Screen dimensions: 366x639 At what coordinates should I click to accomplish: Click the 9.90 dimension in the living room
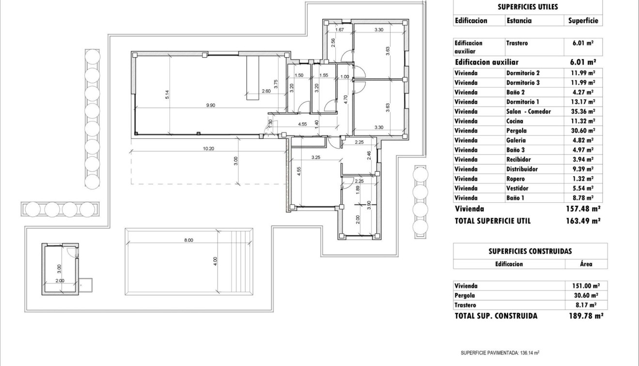click(x=211, y=105)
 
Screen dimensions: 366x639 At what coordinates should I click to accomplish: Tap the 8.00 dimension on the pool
click(x=188, y=240)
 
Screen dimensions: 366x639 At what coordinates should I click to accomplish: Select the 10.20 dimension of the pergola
click(x=209, y=149)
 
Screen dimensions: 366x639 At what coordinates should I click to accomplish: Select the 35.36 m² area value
click(x=583, y=111)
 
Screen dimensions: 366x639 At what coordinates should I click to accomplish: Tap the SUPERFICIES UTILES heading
click(x=528, y=7)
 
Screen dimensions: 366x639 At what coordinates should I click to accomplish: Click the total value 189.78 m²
click(x=585, y=316)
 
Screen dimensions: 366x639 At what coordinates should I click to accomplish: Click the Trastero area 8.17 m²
click(x=586, y=305)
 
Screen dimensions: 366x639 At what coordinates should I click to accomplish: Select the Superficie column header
click(x=583, y=21)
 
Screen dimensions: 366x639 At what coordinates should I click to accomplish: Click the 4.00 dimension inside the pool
click(x=216, y=261)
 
